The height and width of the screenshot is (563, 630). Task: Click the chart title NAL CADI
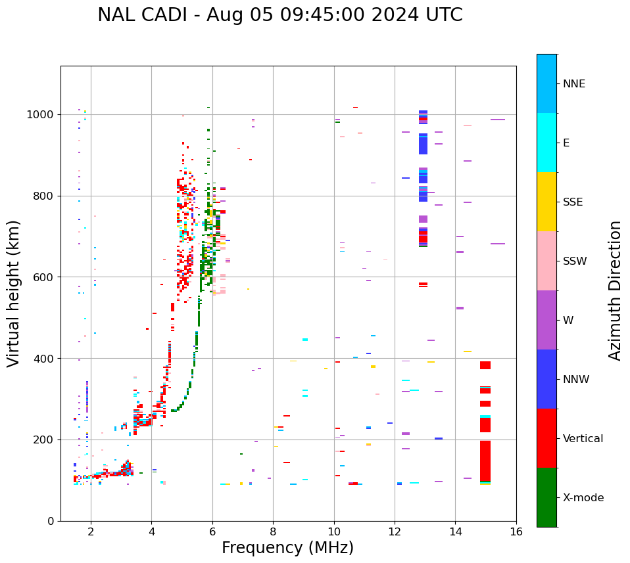(279, 15)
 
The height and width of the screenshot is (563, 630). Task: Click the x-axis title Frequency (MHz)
(287, 548)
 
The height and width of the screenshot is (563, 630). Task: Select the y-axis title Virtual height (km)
(14, 294)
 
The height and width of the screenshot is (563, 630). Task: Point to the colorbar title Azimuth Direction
(615, 290)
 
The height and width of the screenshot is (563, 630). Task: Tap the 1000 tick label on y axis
(40, 115)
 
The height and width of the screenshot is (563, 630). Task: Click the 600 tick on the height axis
(45, 277)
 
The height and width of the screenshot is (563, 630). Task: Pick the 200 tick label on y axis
(45, 439)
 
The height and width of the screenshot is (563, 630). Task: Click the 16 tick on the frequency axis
(516, 531)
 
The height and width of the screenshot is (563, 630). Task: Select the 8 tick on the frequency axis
(273, 531)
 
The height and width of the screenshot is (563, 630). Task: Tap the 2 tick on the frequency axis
(91, 531)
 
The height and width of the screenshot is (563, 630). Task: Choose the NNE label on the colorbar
(573, 84)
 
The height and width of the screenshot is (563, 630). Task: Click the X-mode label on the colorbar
(583, 498)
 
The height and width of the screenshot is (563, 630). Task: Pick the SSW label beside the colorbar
(574, 261)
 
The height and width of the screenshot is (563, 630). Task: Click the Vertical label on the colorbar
(583, 439)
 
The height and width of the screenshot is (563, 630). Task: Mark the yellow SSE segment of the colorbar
(546, 202)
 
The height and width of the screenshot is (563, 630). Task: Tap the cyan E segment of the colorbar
(546, 143)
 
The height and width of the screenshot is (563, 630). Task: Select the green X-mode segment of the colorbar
(546, 497)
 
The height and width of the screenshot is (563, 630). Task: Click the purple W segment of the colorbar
(546, 320)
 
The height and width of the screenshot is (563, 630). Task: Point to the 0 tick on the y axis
(51, 521)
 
